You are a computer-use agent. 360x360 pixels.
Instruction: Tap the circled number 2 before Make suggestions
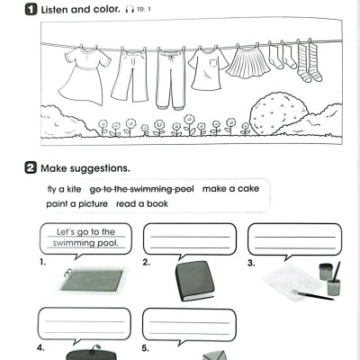(7, 168)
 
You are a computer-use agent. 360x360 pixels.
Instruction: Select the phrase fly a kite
(63, 189)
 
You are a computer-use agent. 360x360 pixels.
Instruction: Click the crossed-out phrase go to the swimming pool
(142, 189)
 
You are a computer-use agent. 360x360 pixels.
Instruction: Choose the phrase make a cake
(231, 189)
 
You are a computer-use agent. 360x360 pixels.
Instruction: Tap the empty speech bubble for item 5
(189, 324)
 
